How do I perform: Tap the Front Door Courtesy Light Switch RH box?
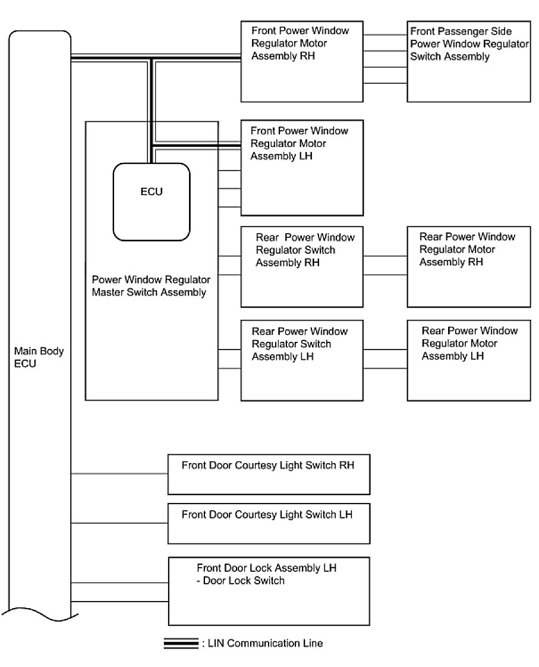click(x=269, y=474)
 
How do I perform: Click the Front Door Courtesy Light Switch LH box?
click(x=269, y=523)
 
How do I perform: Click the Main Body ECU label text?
click(x=30, y=357)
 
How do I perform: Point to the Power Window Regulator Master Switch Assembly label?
click(x=151, y=285)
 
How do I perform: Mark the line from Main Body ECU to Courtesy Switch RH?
click(x=119, y=474)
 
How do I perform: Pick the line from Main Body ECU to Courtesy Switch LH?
click(x=119, y=523)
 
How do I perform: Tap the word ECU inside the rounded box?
click(x=152, y=192)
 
